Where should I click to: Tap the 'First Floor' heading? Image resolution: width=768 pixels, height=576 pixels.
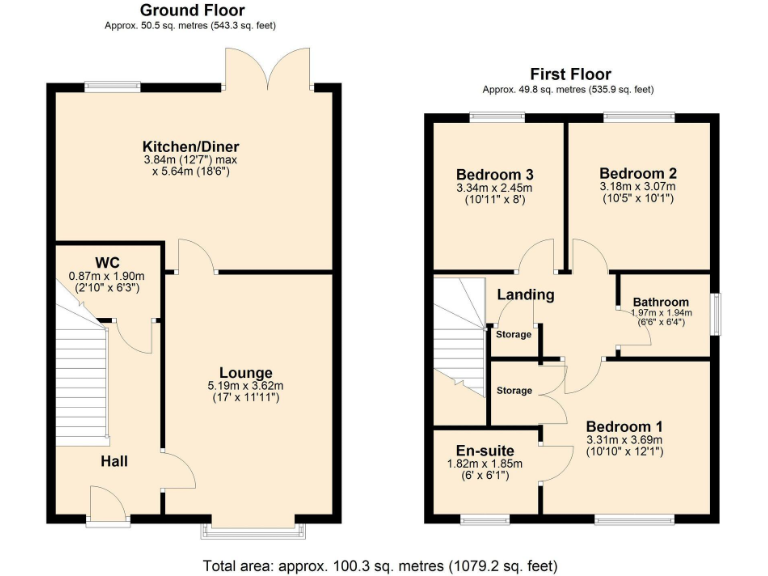(x=570, y=74)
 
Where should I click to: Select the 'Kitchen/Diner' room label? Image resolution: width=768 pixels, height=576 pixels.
(x=191, y=147)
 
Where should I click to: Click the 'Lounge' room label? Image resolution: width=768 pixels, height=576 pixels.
(x=246, y=373)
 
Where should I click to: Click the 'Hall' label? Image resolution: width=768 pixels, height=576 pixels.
(x=113, y=461)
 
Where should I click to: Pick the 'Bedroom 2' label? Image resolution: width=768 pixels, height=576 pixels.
(x=638, y=173)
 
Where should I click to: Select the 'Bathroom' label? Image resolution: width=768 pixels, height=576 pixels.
(x=662, y=302)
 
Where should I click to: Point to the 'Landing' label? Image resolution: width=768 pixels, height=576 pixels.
(x=525, y=295)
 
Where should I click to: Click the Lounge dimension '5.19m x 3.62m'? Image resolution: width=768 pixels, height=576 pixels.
(x=246, y=386)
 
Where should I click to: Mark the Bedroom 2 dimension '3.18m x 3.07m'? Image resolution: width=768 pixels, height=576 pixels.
(x=638, y=187)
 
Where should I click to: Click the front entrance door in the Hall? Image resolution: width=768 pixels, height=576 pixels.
(x=108, y=502)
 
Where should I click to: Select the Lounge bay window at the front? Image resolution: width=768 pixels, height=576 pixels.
(x=254, y=524)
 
